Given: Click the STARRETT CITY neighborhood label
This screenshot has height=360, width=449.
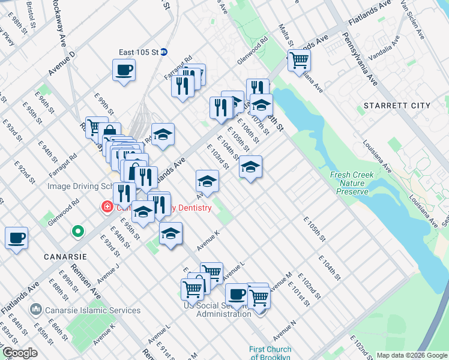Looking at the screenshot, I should point(397,106).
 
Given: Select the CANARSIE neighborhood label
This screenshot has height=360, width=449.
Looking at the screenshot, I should point(65,256).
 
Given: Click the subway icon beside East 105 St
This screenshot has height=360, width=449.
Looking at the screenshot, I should point(163,52).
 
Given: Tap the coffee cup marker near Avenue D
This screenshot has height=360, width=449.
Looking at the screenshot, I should point(124,70).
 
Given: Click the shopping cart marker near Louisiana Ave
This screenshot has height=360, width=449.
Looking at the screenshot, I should point(298,59).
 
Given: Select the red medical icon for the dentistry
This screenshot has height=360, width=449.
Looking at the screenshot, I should point(107,208).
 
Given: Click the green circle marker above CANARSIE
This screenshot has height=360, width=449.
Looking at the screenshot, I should point(77,230).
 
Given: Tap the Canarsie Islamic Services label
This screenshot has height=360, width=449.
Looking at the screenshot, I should point(94,310).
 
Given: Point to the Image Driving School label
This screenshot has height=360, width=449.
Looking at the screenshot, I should point(80,187).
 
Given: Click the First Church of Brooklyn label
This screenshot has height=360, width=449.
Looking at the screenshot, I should point(271,353).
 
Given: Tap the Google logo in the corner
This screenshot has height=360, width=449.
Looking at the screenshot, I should point(20,353).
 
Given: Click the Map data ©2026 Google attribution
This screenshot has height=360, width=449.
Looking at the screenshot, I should point(412,355).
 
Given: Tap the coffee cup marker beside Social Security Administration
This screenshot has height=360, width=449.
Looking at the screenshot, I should point(237,295).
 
